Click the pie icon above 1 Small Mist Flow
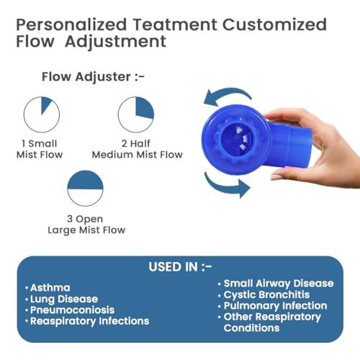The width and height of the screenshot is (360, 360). coord(41,115)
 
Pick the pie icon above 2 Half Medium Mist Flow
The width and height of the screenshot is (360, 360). coord(136,115)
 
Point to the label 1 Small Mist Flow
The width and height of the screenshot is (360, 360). coord(41,149)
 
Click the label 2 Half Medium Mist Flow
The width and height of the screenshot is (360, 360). coord(136,149)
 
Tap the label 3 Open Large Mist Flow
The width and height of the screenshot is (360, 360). coord(86,224)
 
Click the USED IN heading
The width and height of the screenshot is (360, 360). coord(180,266)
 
